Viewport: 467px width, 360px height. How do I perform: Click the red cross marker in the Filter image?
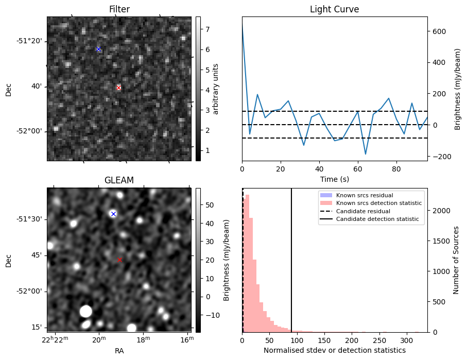119,88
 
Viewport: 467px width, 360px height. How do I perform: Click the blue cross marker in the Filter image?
98,49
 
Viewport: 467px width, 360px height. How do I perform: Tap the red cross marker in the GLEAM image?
120,260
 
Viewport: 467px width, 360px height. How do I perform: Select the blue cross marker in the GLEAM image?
113,214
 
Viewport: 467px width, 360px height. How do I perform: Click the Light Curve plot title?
334,9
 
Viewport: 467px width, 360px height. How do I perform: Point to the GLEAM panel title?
119,180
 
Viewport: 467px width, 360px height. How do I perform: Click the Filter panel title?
119,9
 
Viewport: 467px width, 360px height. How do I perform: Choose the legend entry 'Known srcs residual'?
364,195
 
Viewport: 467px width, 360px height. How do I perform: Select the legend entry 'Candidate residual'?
360,212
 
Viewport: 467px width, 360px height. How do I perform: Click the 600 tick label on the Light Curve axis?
439,31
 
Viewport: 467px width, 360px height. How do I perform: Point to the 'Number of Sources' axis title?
456,260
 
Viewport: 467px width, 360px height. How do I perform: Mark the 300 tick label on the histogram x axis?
407,340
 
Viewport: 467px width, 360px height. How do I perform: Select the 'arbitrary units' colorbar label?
216,89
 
